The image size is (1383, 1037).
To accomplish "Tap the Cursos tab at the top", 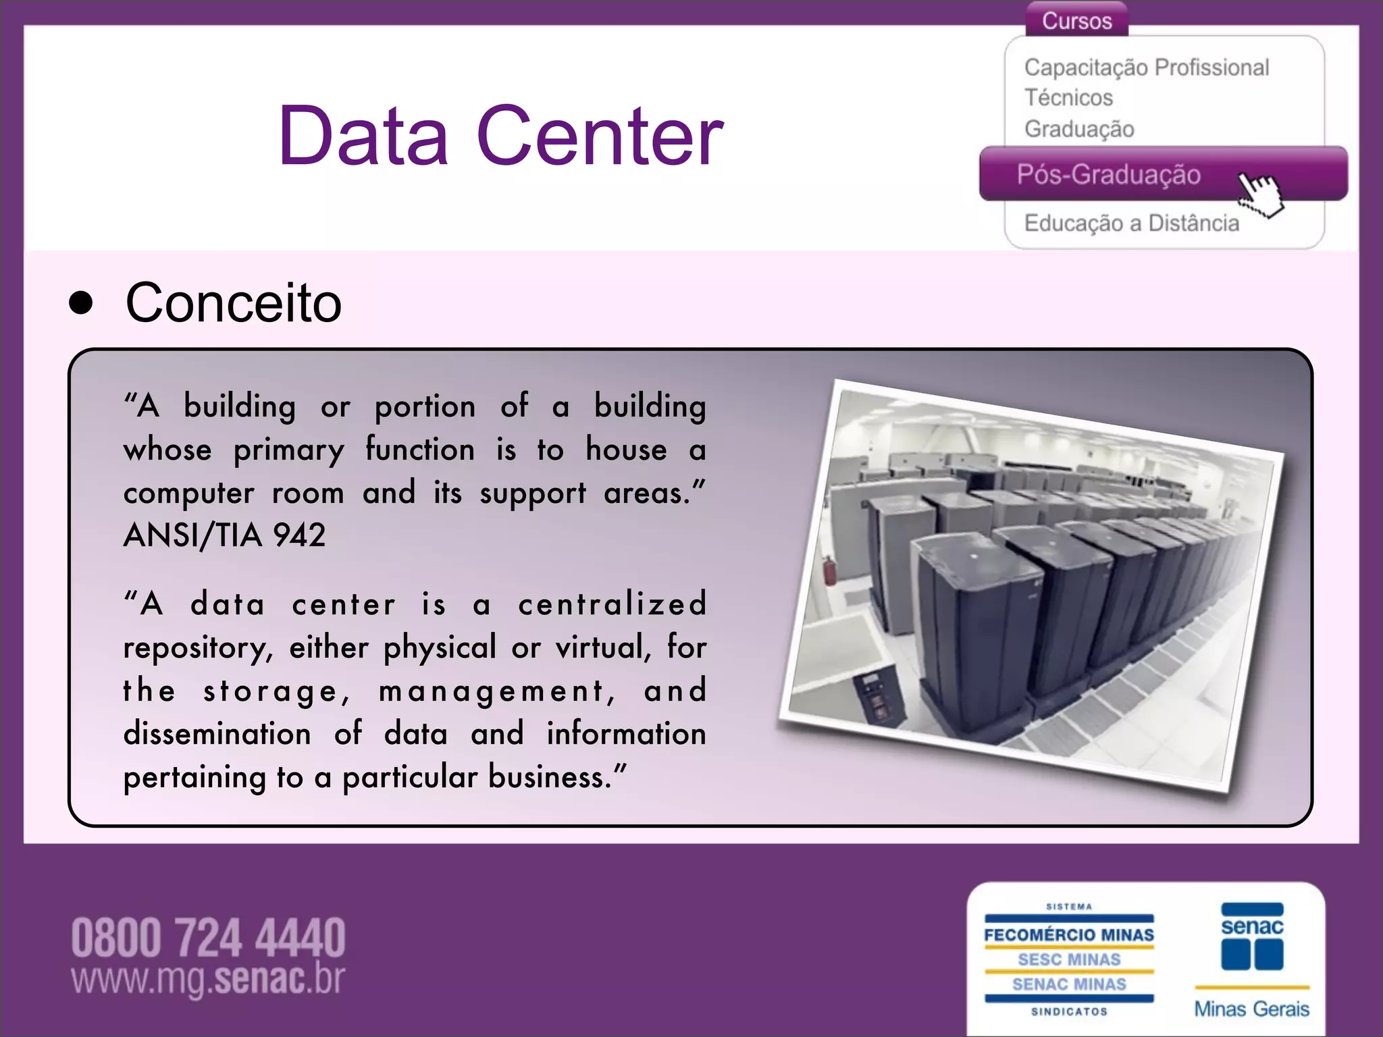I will click(1076, 21).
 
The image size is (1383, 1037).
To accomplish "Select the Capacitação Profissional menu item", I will click(1146, 68).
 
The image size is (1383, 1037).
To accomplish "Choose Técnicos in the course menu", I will click(1068, 98).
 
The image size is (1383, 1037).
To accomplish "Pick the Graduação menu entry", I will click(1079, 129).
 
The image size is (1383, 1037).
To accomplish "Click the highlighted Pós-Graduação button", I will click(1109, 175).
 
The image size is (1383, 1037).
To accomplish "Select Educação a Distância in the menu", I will click(1131, 223).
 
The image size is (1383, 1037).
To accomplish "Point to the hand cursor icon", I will click(1261, 193).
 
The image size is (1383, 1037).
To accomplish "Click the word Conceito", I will click(234, 303).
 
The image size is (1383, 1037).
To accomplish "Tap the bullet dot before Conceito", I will click(81, 304).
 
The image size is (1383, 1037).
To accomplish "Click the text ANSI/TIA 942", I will click(224, 535).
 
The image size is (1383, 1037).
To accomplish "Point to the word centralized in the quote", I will click(612, 604).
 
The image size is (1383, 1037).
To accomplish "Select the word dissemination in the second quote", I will click(217, 734).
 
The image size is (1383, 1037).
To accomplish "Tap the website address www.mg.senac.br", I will click(208, 979).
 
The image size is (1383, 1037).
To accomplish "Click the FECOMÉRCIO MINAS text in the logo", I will click(1069, 935).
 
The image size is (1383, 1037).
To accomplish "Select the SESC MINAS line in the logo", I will click(1069, 959).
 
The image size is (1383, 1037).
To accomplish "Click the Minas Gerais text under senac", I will click(1251, 1009).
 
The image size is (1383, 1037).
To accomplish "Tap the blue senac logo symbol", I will click(1252, 938).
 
